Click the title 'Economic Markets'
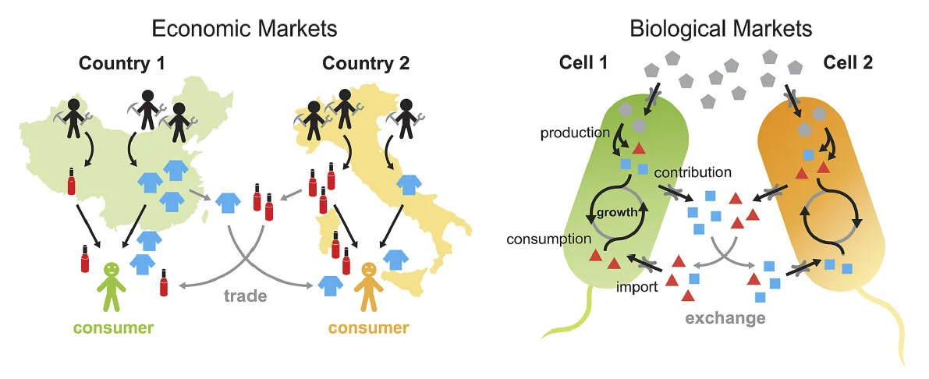tap(244, 30)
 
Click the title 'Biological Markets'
tap(721, 30)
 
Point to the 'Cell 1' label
tap(584, 63)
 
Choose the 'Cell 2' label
tap(850, 63)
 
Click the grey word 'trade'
tap(245, 296)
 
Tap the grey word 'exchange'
tap(725, 317)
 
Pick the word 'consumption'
tap(548, 239)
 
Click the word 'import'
tap(637, 286)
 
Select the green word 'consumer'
tap(115, 328)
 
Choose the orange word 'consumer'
tap(368, 328)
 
